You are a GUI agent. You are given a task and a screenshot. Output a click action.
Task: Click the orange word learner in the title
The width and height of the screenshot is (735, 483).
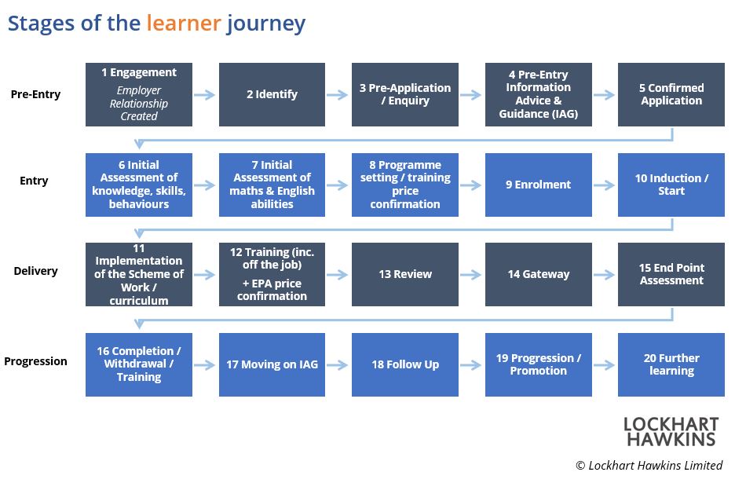(183, 23)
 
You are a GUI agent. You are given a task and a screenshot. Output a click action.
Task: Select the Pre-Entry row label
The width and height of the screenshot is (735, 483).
(35, 94)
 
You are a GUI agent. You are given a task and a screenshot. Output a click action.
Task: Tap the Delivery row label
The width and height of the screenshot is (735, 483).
(35, 271)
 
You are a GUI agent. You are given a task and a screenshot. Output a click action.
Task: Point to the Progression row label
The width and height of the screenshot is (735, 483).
(35, 361)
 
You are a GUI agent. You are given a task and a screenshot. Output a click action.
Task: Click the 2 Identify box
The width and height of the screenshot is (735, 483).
(272, 94)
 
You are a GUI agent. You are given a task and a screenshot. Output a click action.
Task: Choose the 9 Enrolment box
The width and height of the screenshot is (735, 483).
(538, 185)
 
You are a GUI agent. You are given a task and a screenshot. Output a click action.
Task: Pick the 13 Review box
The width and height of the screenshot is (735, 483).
(405, 274)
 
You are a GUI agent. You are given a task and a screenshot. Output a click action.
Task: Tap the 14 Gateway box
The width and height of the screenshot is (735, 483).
(538, 274)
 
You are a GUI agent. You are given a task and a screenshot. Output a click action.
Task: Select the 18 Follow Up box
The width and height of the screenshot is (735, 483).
(405, 364)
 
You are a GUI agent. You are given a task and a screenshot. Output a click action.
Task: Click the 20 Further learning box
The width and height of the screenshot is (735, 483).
(671, 364)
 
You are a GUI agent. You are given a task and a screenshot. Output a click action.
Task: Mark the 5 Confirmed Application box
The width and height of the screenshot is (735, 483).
(671, 94)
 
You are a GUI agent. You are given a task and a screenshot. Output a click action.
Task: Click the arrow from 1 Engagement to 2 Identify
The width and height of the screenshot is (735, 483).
(204, 95)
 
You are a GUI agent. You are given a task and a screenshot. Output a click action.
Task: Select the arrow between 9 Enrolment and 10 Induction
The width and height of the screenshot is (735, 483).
(604, 185)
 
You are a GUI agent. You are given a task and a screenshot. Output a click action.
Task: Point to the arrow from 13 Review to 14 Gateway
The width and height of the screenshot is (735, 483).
(470, 275)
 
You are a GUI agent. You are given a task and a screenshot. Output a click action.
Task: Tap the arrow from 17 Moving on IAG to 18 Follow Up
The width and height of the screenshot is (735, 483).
(337, 365)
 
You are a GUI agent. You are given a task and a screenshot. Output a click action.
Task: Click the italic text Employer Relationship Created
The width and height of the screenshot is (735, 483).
(139, 103)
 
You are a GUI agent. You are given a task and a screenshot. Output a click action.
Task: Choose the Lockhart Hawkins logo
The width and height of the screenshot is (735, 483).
(671, 431)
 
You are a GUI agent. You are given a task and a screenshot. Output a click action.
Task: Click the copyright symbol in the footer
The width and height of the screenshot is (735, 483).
(580, 465)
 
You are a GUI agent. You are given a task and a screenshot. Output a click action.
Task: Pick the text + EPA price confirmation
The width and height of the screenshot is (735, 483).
(272, 290)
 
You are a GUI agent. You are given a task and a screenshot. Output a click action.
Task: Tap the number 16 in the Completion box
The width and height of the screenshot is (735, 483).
(103, 351)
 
